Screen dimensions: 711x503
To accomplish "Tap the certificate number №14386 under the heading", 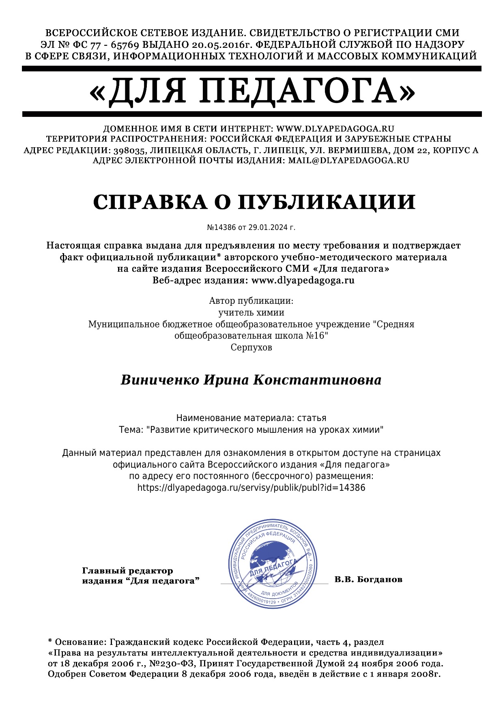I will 221,228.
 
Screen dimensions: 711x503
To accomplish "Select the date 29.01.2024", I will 268,228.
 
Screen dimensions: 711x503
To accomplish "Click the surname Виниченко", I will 160,380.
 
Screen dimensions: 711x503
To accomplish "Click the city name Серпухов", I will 251,348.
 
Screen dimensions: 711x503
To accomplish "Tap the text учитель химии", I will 251,313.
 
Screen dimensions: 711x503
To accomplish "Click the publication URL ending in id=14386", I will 251,488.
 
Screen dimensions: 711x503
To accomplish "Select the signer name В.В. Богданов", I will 368,579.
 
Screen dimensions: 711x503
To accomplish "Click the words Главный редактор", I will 127,571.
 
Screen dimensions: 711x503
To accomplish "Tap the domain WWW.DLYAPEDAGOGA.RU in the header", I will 335,129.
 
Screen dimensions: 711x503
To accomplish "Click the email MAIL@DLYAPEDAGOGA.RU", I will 348,160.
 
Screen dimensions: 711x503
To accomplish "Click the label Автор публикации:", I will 251,301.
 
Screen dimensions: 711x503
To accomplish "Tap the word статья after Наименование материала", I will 312,418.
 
